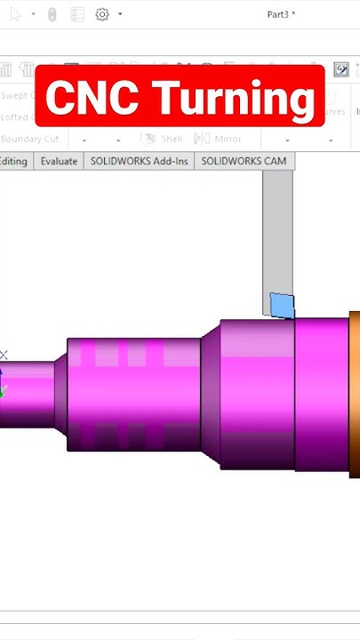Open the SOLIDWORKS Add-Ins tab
[139, 161]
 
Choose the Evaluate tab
[59, 161]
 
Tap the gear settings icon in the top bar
[102, 14]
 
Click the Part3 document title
[281, 14]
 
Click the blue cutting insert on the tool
[282, 305]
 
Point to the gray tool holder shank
[277, 231]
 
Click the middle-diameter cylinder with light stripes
[133, 391]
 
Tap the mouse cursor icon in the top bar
[14, 14]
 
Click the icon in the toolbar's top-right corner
[341, 69]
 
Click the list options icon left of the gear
[77, 14]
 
